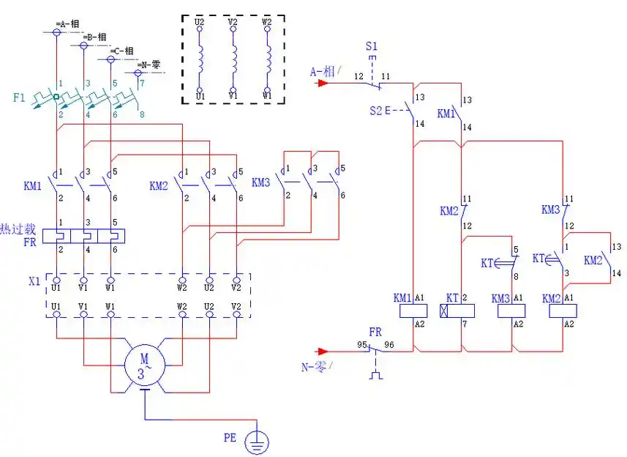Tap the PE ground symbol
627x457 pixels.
[x=257, y=441]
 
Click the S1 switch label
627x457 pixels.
[x=372, y=46]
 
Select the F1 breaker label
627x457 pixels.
[x=19, y=97]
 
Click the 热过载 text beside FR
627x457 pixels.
[x=15, y=228]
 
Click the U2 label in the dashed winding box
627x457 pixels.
[x=200, y=23]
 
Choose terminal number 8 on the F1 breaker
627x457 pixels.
[x=141, y=114]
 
